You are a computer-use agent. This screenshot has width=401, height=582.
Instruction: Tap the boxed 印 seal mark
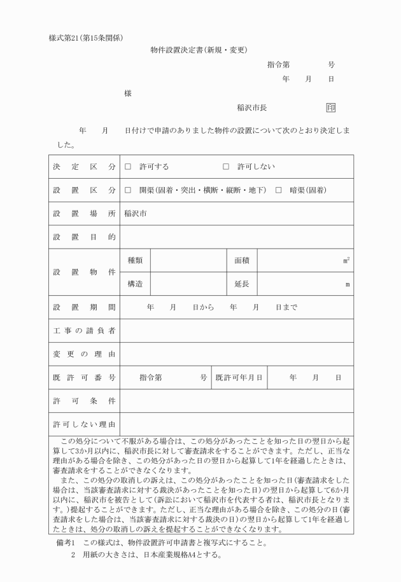330,107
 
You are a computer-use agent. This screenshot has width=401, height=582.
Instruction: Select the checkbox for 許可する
128,167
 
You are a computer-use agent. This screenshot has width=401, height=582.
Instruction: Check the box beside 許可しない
226,167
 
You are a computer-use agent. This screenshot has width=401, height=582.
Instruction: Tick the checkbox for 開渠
128,190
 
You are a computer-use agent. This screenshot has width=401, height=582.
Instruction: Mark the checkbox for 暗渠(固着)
279,190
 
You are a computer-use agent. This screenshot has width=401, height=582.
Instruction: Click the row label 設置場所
85,214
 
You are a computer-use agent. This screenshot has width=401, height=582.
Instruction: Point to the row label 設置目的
85,237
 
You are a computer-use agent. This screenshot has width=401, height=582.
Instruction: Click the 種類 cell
135,260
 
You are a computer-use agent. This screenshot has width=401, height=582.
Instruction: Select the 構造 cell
135,284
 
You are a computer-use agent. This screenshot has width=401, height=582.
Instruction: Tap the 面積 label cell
242,260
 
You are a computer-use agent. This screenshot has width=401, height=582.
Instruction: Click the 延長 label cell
242,284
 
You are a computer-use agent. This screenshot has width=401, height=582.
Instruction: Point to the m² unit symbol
346,260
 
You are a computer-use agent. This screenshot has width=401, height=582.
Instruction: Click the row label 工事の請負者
85,331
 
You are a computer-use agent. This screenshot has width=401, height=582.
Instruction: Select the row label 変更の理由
85,354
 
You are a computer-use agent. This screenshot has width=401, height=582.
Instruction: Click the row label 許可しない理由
85,424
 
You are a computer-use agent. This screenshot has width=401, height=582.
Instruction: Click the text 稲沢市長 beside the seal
251,108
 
